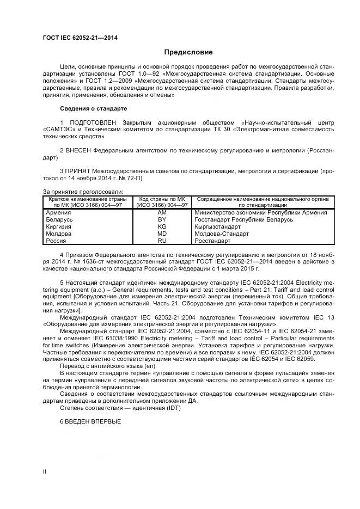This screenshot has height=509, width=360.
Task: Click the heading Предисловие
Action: click(x=188, y=52)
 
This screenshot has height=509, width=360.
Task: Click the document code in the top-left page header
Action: click(x=80, y=38)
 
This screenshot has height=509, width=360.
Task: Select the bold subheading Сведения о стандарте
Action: click(x=93, y=108)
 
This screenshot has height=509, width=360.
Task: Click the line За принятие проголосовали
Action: click(x=83, y=191)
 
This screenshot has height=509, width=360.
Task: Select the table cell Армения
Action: click(x=58, y=213)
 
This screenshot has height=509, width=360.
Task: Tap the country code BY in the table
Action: click(x=162, y=219)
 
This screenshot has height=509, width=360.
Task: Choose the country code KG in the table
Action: click(x=162, y=226)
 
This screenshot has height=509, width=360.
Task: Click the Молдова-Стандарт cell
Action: click(x=221, y=233)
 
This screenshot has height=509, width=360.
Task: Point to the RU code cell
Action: click(x=162, y=240)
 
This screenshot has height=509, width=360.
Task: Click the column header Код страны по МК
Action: click(x=162, y=199)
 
